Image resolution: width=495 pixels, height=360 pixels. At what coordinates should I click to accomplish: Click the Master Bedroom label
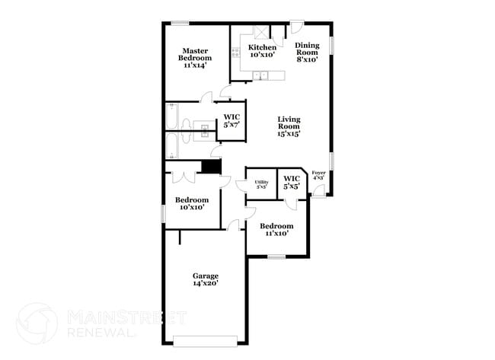[196, 58]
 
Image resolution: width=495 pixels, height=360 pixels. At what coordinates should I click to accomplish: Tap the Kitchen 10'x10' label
[262, 51]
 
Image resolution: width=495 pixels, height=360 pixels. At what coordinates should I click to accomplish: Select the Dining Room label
[307, 52]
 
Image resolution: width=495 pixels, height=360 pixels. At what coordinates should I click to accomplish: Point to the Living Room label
[289, 126]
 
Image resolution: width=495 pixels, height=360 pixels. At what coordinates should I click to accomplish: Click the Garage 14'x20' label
[205, 279]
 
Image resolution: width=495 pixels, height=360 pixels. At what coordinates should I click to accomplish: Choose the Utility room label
[261, 184]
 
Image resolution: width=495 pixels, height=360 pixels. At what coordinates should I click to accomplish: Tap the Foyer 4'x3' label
[319, 175]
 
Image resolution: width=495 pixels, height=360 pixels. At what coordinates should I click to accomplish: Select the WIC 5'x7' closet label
[232, 121]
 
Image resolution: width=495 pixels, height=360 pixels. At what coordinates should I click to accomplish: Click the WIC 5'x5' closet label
[292, 183]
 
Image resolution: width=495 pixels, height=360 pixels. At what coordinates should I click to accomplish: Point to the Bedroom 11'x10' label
[276, 230]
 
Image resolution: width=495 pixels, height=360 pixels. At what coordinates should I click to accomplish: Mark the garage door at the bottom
[206, 339]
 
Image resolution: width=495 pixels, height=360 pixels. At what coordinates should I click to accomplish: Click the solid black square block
[211, 167]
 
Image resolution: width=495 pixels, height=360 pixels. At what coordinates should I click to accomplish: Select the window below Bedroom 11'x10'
[276, 256]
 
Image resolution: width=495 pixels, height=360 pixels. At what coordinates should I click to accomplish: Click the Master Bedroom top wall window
[180, 22]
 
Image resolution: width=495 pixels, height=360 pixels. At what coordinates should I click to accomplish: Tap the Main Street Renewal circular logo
[37, 323]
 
